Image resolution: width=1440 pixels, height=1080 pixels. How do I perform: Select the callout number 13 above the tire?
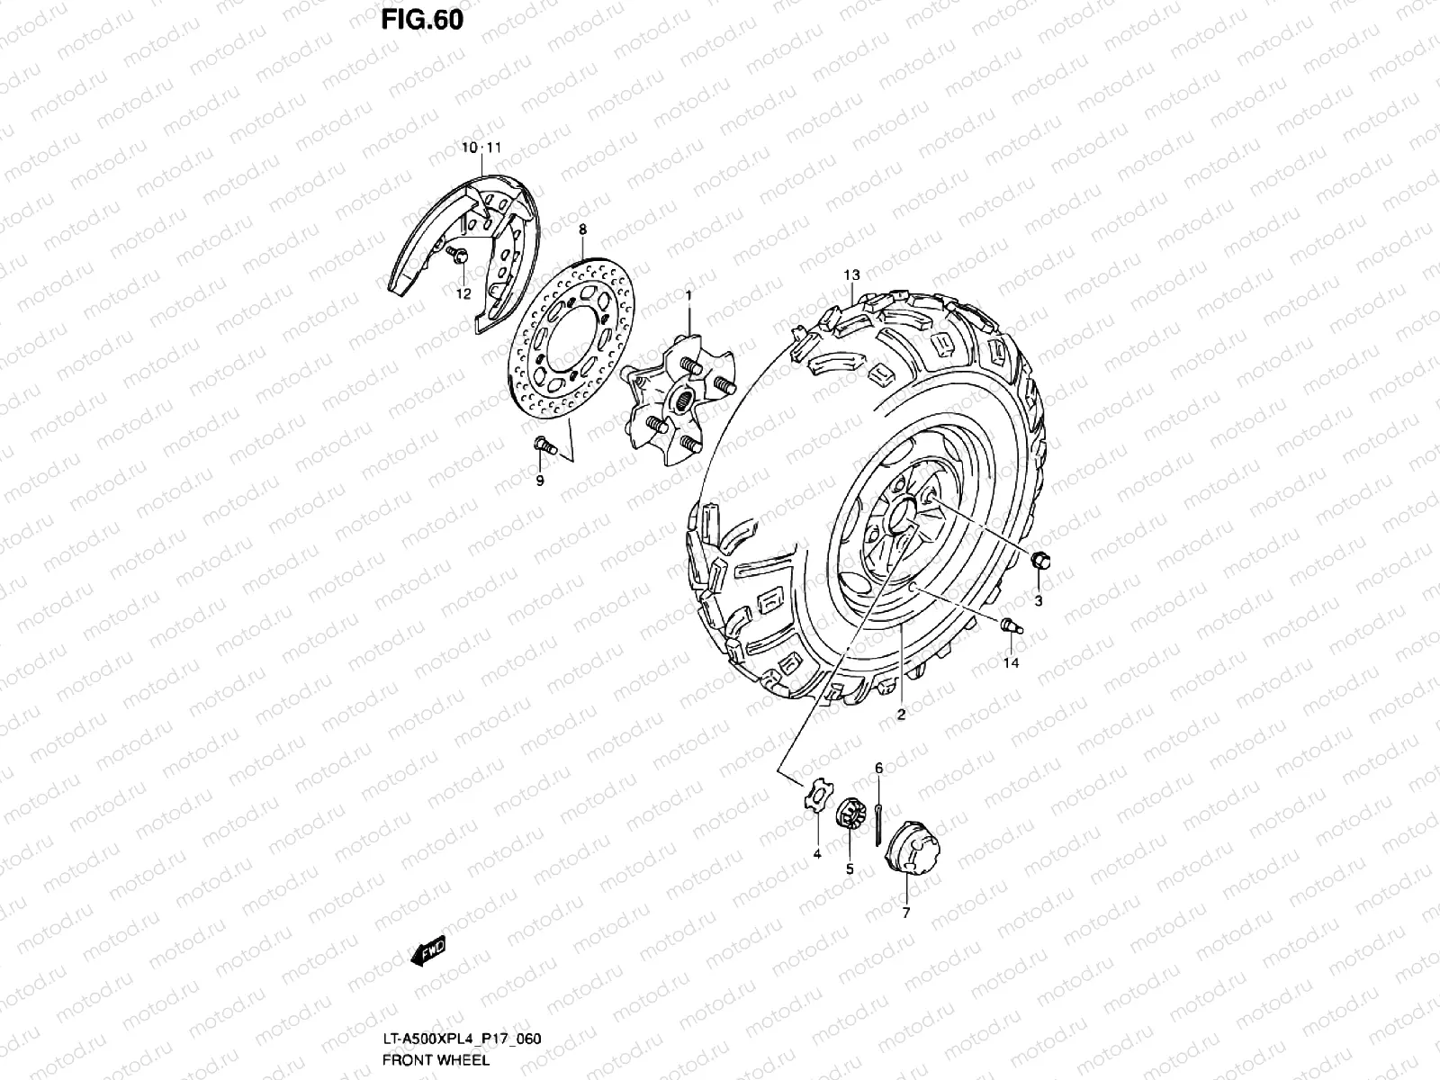coord(851,274)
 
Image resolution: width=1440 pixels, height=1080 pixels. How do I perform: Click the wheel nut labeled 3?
coord(1038,562)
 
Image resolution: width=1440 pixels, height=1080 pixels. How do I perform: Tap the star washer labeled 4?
coord(814,798)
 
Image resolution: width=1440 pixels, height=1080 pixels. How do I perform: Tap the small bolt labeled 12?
coord(457,257)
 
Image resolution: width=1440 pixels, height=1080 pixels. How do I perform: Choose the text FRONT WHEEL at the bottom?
coord(435,1059)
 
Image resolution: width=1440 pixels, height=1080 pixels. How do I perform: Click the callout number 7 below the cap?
coord(905,913)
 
